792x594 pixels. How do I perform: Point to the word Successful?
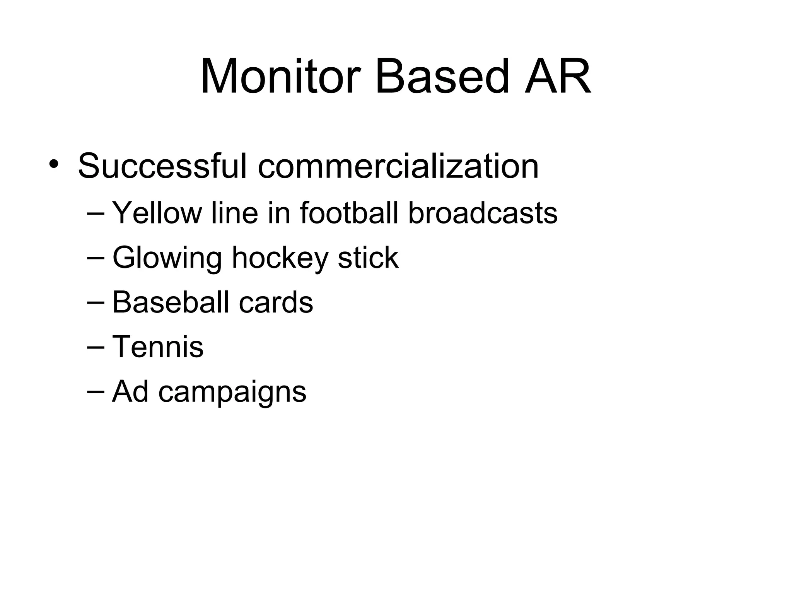tap(162, 166)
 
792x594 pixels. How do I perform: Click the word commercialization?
tap(398, 166)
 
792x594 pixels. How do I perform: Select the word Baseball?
tap(171, 302)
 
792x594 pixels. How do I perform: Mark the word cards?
tap(276, 302)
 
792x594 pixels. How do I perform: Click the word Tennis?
tap(158, 346)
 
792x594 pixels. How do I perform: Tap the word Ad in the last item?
tap(130, 391)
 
